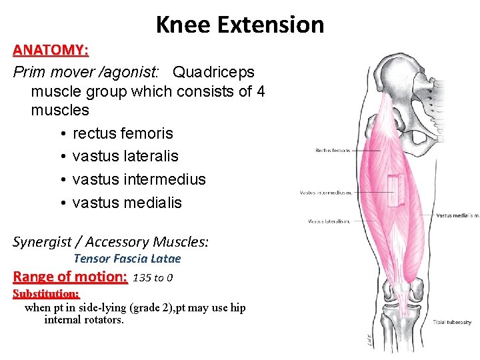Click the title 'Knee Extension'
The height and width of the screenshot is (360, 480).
(x=240, y=25)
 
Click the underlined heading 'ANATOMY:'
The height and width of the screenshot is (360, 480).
(x=51, y=50)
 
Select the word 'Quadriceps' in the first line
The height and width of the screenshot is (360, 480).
(x=213, y=71)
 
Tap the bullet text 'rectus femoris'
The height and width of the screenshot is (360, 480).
(x=123, y=133)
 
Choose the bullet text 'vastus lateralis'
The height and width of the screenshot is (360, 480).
(x=125, y=156)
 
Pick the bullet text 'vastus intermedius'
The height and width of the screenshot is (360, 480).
(x=139, y=179)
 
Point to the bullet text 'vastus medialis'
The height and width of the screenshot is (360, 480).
(x=127, y=203)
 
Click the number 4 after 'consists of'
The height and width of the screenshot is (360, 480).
(x=260, y=91)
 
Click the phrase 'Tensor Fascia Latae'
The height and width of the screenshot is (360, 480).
(x=127, y=259)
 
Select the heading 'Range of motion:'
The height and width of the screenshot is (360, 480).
(x=70, y=277)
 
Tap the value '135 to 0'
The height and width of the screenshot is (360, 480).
(x=153, y=277)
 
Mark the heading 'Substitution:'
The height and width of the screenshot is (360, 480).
(x=46, y=293)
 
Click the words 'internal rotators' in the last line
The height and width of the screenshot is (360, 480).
(x=83, y=320)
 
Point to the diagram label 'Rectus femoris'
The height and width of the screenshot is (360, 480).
(x=333, y=150)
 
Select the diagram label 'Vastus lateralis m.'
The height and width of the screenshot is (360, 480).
(x=329, y=221)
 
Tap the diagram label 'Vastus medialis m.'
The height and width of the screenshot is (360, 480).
(x=457, y=215)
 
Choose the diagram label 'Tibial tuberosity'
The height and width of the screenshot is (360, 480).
(x=452, y=322)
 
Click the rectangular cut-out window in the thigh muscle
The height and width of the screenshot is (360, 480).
(x=397, y=190)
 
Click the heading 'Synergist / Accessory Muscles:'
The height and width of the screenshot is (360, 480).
(x=111, y=241)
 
